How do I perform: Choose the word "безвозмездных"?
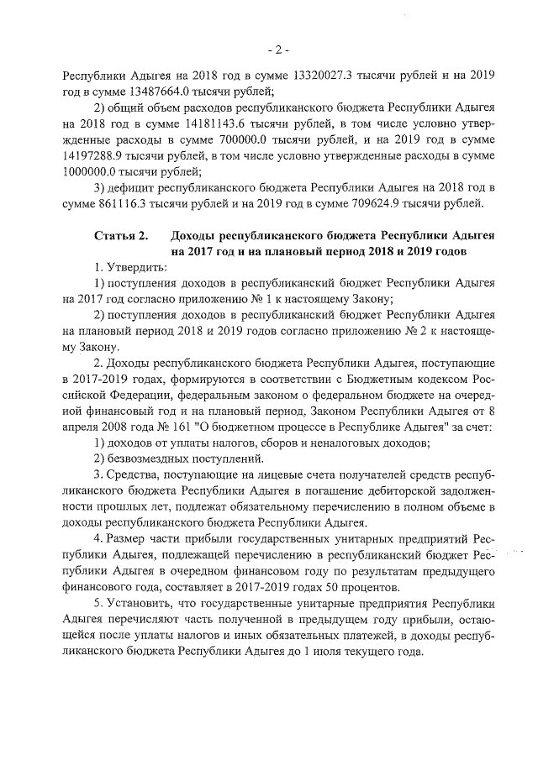148,459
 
